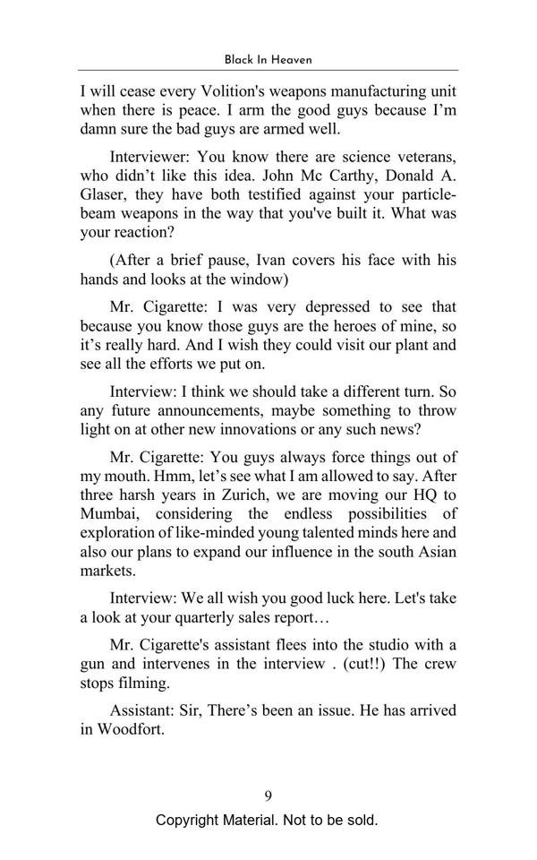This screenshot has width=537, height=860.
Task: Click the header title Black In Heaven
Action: click(268, 59)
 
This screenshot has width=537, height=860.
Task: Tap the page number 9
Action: click(268, 795)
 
